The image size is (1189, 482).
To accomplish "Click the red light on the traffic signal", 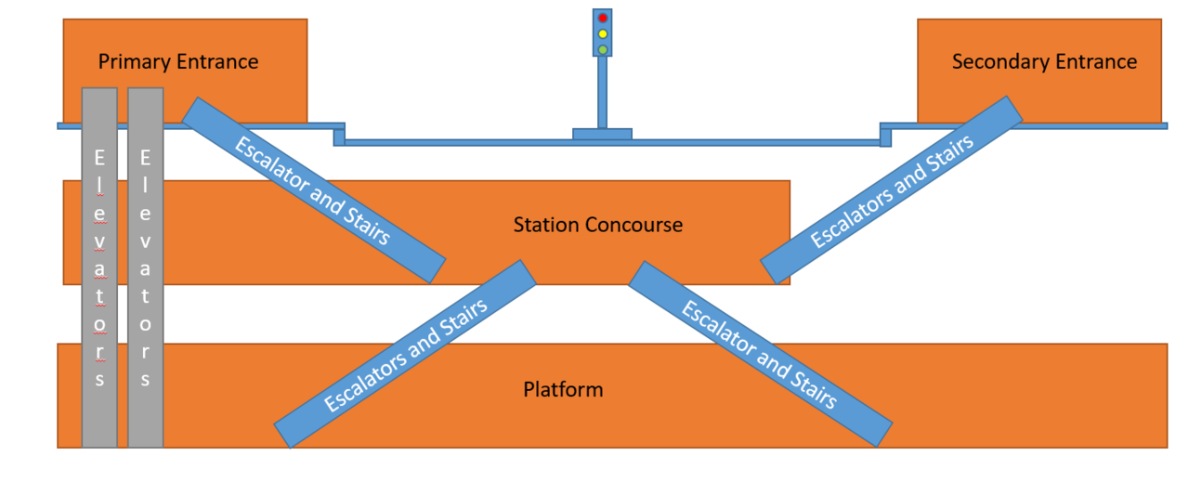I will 603,19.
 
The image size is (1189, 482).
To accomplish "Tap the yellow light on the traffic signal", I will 603,33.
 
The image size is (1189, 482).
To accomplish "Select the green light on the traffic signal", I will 603,48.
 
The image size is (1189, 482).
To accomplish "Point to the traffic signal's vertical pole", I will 602,92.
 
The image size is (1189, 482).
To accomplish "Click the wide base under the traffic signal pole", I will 602,135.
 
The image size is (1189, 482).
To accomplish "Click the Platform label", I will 563,389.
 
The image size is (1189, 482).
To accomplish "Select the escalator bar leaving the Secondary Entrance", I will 892,190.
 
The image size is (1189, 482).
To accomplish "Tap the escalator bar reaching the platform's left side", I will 405,355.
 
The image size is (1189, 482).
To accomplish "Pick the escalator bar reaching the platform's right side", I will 760,355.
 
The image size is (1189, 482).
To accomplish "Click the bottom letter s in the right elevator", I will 146,379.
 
